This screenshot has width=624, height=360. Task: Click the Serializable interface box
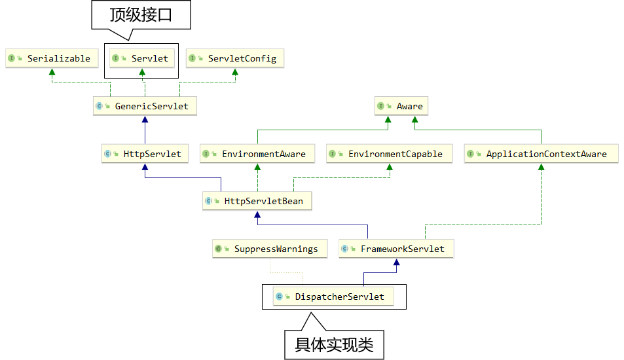point(49,58)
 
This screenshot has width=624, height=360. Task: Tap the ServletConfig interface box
point(234,58)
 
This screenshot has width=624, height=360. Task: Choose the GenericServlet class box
point(145,106)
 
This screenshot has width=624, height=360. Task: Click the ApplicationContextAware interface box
point(540,154)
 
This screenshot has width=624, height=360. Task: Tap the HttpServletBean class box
point(257,201)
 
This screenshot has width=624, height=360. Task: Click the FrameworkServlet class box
point(395,249)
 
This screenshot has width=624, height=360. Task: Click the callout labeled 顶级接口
point(141,15)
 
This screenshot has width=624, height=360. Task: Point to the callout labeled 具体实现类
point(334,344)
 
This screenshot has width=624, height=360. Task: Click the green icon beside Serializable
point(11,58)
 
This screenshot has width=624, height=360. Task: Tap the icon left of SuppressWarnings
point(219,249)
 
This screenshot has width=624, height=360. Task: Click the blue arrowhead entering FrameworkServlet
point(395,262)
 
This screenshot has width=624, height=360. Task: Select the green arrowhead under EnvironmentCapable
point(389,168)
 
